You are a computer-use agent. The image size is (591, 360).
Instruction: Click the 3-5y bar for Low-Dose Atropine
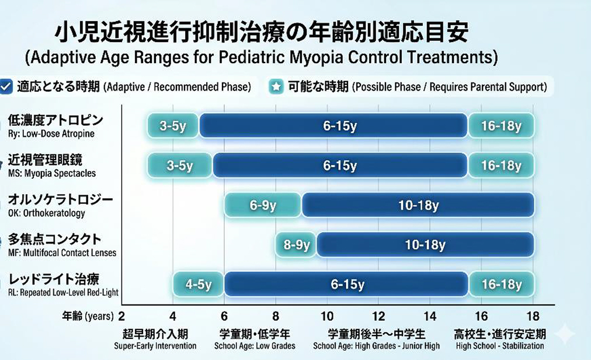click(173, 125)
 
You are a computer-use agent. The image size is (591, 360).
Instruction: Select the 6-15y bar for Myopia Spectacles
click(340, 165)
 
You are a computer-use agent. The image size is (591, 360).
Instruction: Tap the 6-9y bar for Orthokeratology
click(263, 205)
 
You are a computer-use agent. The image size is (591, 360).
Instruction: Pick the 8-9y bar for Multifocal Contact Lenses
click(296, 245)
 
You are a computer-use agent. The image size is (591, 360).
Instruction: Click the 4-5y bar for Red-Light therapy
click(199, 284)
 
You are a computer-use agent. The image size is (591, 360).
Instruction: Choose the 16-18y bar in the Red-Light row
click(501, 284)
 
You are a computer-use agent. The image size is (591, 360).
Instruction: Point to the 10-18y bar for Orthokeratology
click(418, 205)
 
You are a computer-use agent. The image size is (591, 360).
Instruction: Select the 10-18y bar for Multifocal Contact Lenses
click(426, 245)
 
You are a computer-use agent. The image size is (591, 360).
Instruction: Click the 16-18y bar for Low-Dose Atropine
click(501, 125)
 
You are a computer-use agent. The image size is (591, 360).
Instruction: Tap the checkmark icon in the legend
click(6, 86)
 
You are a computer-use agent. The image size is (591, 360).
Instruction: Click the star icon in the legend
click(276, 86)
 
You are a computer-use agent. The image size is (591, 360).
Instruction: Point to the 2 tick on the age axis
click(121, 316)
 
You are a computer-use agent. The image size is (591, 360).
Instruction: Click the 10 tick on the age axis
click(327, 316)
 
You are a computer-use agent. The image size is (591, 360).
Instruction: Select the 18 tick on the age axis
click(533, 316)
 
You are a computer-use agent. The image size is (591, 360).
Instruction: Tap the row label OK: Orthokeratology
click(47, 213)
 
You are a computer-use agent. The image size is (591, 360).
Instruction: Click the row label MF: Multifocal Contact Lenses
click(62, 253)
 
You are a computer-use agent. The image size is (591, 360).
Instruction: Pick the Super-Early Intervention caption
click(155, 345)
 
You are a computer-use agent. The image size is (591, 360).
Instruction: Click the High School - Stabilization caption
click(500, 345)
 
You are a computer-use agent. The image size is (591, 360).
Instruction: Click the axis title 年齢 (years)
click(88, 316)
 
